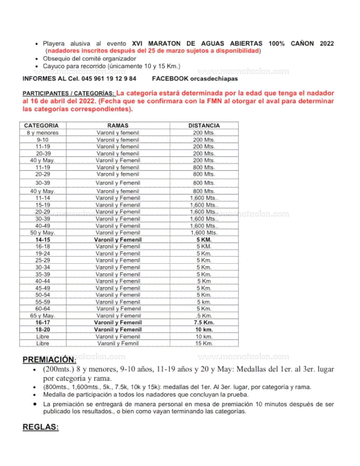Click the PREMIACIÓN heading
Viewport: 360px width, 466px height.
(x=49, y=360)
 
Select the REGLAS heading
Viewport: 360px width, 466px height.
(x=41, y=427)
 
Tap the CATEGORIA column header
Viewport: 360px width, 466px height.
(x=41, y=125)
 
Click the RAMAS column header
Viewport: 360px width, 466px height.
(x=118, y=125)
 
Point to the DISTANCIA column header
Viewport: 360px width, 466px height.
(x=204, y=125)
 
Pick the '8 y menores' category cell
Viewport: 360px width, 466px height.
(x=43, y=133)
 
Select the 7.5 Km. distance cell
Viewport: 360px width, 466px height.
(x=204, y=323)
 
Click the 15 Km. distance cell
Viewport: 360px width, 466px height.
(x=204, y=343)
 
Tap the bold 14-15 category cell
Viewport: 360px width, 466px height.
(x=43, y=240)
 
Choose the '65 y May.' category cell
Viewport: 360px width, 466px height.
(x=43, y=316)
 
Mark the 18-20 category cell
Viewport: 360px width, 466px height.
(x=43, y=330)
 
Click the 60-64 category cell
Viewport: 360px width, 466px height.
(x=43, y=309)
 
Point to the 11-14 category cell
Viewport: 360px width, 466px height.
(x=43, y=198)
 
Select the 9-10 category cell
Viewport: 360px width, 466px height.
(x=43, y=140)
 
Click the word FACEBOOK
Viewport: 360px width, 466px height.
(x=170, y=79)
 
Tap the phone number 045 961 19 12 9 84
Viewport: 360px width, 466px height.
(x=109, y=79)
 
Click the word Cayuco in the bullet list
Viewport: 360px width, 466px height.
(x=53, y=66)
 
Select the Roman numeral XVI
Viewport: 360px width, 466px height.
(x=137, y=43)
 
